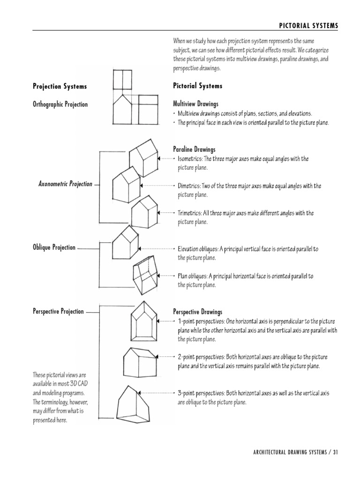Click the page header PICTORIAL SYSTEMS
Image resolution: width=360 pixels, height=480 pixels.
[308, 25]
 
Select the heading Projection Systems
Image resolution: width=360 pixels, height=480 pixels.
[60, 86]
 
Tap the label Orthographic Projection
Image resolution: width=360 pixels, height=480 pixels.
[60, 104]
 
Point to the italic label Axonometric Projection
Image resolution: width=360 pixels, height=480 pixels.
[65, 184]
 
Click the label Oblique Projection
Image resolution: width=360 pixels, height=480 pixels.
[54, 247]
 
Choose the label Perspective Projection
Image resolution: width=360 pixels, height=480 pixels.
[58, 311]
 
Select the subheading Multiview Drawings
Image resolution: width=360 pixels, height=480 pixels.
[195, 104]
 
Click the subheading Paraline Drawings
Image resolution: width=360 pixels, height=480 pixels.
[194, 150]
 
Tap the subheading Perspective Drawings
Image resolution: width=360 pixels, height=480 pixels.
[198, 312]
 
